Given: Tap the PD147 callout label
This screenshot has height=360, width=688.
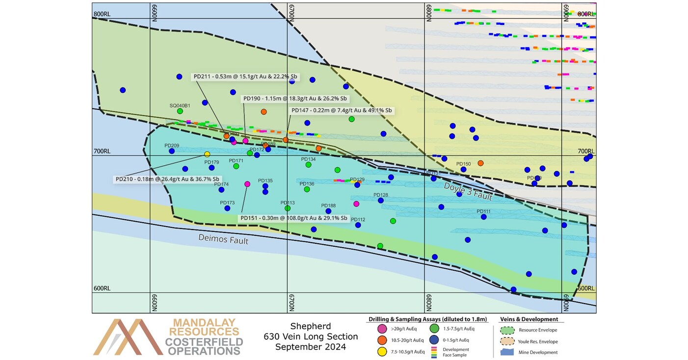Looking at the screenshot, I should (342, 110).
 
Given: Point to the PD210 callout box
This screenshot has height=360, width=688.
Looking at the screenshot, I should (167, 180).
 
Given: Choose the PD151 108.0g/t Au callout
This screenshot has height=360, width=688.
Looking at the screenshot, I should (294, 218).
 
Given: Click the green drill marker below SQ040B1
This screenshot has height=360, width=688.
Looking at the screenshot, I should (180, 111).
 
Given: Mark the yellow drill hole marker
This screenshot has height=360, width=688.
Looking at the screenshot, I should (207, 154).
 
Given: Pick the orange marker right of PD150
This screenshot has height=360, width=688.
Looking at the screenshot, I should (480, 163).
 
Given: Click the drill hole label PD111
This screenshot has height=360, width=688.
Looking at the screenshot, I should (483, 211).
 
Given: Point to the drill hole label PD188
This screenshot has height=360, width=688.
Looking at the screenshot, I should (328, 206).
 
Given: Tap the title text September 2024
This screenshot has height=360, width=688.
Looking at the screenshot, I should (310, 347).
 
